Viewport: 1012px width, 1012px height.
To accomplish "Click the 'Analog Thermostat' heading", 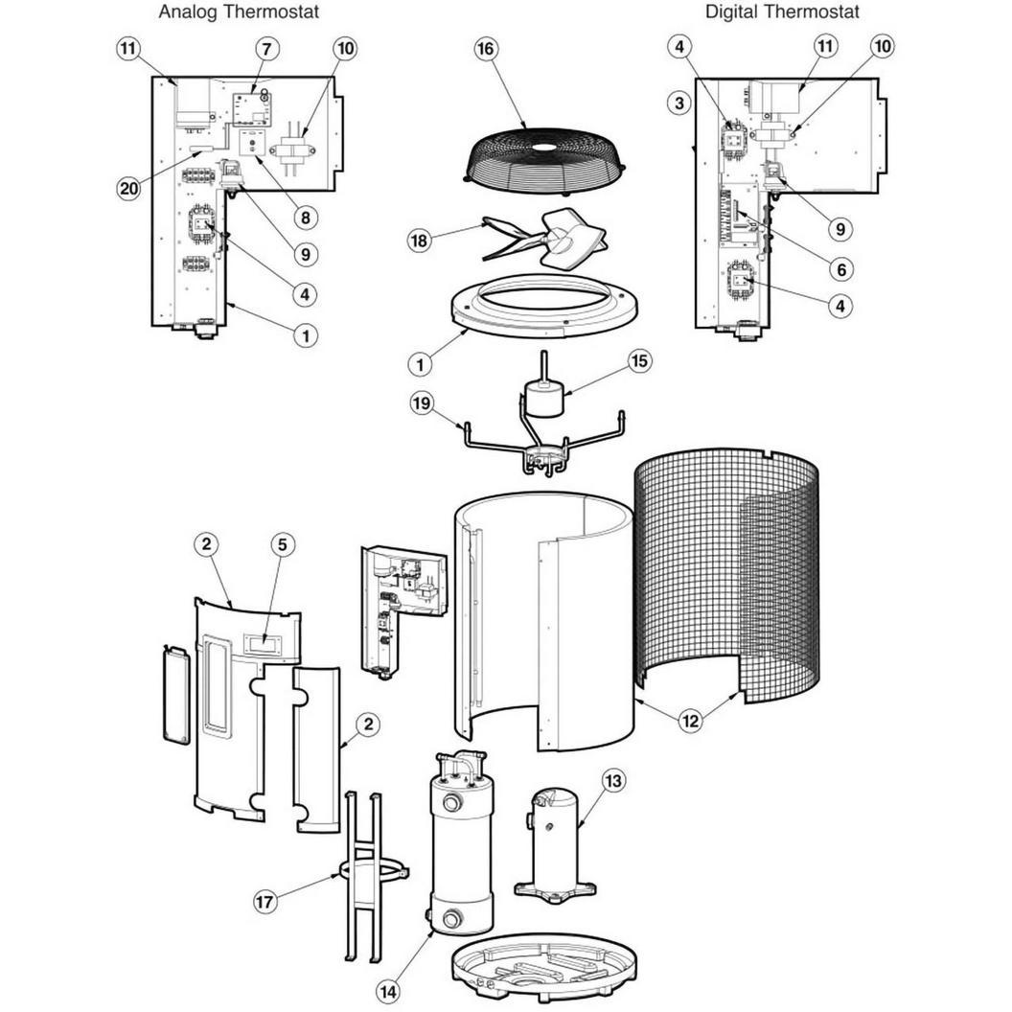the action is click(x=239, y=11).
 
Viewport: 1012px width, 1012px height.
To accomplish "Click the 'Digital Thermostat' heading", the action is click(x=782, y=11).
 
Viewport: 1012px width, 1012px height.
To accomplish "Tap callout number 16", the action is click(x=486, y=49).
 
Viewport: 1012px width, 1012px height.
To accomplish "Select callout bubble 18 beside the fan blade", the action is click(x=420, y=241).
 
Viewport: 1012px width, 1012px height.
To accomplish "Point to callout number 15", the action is click(x=639, y=360).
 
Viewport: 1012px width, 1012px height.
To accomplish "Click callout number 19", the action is click(x=422, y=404).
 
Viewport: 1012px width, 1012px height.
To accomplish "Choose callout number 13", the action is click(x=613, y=781).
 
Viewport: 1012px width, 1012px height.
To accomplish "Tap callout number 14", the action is click(x=387, y=990).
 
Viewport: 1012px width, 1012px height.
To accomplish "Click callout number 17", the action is click(x=264, y=901).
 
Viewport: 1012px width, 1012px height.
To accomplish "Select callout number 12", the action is click(x=691, y=721).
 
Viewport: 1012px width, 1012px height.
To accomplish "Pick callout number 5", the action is click(x=282, y=544).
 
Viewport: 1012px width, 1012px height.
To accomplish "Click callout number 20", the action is click(x=129, y=188).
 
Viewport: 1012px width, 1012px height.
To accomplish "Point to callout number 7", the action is click(x=267, y=49).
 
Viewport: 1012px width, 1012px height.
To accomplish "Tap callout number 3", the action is click(x=678, y=103).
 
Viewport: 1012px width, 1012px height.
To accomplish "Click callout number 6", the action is click(x=841, y=269).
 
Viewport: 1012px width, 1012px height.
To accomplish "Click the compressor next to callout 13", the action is click(x=555, y=841).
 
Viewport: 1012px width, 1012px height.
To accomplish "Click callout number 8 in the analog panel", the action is click(x=306, y=218).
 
